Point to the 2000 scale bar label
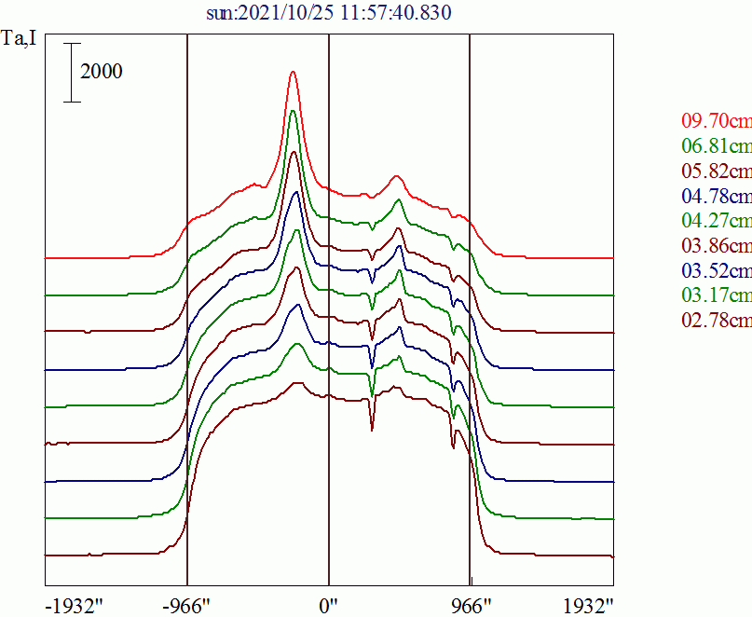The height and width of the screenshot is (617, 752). pyautogui.click(x=102, y=72)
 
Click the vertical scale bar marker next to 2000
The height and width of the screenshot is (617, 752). pyautogui.click(x=73, y=72)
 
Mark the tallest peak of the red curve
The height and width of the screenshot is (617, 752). pyautogui.click(x=294, y=71)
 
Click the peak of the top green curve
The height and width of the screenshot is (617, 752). pyautogui.click(x=294, y=110)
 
